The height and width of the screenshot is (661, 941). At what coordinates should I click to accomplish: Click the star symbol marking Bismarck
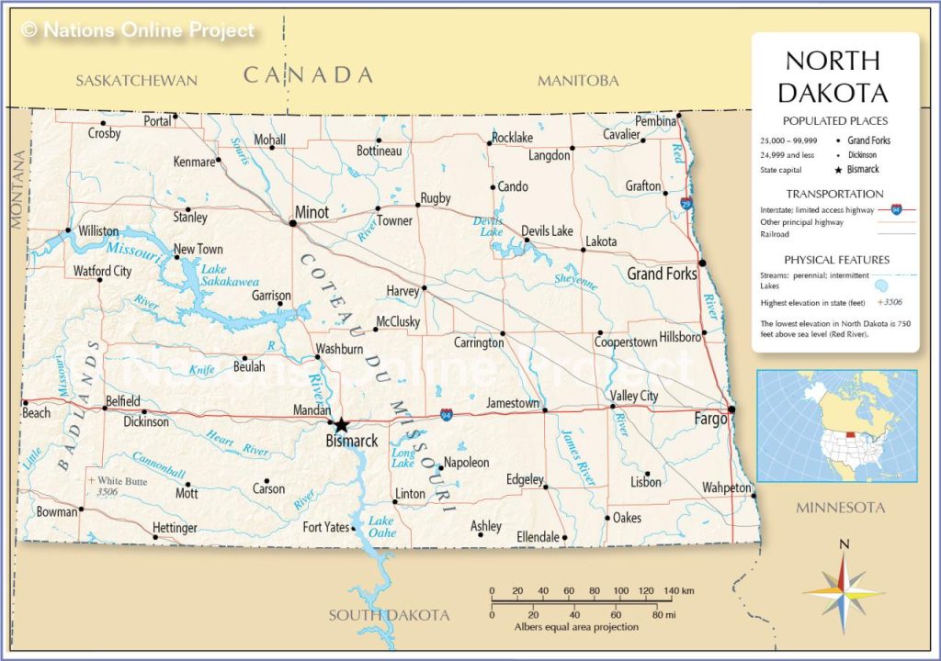341,424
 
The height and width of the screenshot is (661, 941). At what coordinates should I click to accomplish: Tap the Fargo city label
709,419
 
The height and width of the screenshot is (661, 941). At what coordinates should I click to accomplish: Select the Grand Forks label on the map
662,274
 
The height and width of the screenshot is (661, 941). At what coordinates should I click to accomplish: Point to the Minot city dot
293,222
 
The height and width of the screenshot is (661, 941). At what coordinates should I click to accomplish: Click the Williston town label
98,230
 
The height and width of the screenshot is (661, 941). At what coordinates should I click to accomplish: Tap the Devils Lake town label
547,230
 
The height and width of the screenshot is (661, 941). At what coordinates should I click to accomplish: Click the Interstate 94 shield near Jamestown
446,415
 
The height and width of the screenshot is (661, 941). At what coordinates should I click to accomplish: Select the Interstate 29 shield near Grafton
686,203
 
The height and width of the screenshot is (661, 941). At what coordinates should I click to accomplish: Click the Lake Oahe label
381,527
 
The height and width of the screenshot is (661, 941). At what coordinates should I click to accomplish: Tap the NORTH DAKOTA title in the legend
834,77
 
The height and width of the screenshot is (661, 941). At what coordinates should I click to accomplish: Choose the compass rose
844,592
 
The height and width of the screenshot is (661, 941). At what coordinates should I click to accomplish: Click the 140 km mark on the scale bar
672,590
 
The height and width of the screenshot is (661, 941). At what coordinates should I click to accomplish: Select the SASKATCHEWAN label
136,80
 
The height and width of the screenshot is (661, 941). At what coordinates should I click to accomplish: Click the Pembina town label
655,120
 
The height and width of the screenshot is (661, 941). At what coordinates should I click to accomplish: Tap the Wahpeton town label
726,487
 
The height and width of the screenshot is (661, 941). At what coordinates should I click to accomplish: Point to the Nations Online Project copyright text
138,30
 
